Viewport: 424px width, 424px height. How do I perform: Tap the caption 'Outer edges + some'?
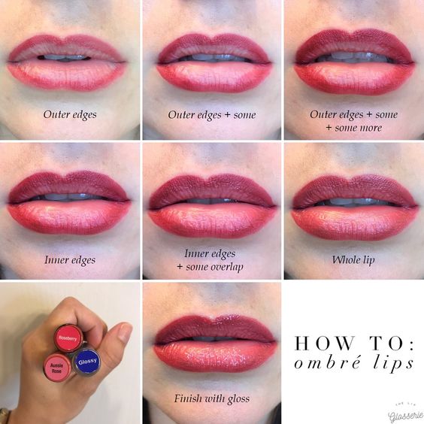click(x=212, y=115)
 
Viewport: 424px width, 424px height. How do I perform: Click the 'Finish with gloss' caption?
click(x=212, y=398)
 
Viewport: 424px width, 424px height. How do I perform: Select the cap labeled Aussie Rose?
click(x=57, y=367)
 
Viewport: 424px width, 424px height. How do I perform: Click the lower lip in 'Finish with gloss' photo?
click(x=214, y=356)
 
